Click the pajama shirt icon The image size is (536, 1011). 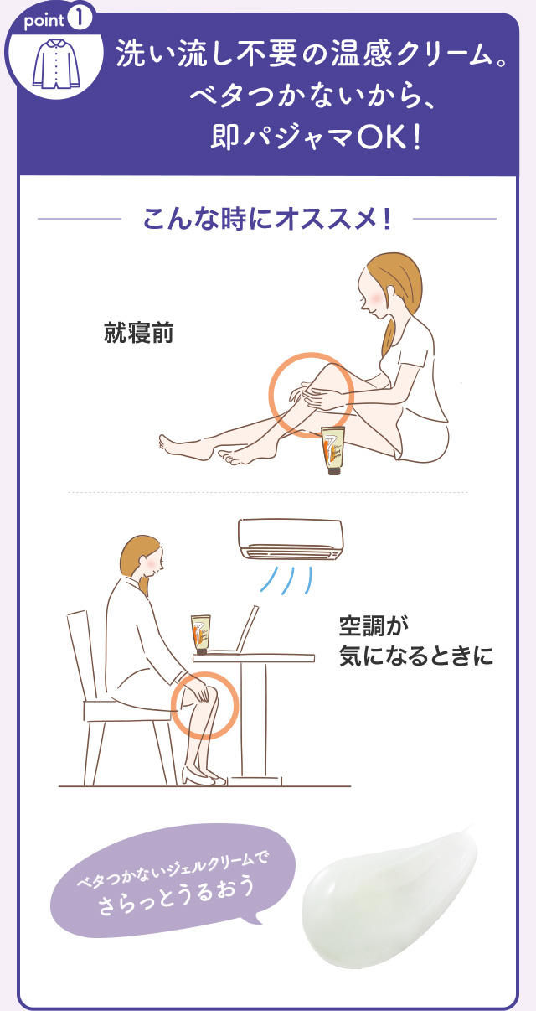56,63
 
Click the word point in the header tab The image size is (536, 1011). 44,21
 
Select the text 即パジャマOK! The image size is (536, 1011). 317,137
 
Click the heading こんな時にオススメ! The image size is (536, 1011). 267,219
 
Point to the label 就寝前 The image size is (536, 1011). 138,333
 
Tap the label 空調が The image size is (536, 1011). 374,625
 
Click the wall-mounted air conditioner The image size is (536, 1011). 291,539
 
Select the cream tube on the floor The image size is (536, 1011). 333,450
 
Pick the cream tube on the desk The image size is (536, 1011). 201,634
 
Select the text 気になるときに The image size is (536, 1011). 416,656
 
